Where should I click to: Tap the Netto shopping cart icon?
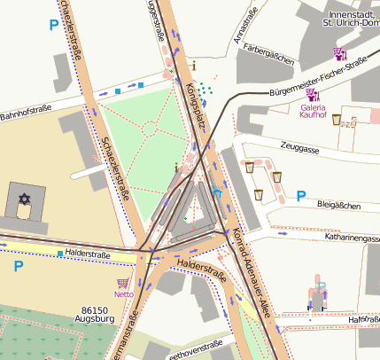[123, 284]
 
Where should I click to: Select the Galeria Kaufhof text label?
[313, 113]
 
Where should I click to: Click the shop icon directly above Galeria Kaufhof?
[311, 94]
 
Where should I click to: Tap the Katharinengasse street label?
[341, 238]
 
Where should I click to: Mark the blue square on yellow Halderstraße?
[60, 254]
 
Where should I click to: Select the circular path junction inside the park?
[148, 129]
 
